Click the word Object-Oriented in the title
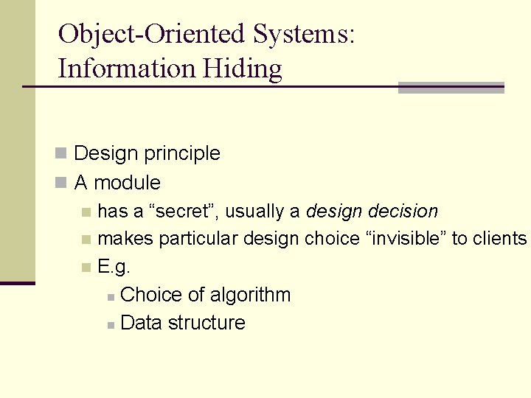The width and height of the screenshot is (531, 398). pyautogui.click(x=151, y=34)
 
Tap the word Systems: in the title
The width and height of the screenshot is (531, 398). pyautogui.click(x=304, y=35)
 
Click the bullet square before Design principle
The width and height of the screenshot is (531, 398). pyautogui.click(x=62, y=153)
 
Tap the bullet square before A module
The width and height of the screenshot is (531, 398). pyautogui.click(x=62, y=182)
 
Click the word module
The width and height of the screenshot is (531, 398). pyautogui.click(x=128, y=182)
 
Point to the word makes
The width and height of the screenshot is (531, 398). pyautogui.click(x=125, y=239)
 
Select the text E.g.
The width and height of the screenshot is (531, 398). pyautogui.click(x=114, y=267)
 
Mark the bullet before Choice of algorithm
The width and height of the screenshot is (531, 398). pyautogui.click(x=109, y=296)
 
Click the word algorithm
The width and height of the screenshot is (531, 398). pyautogui.click(x=250, y=295)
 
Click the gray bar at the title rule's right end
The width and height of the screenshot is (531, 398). pyautogui.click(x=451, y=88)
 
